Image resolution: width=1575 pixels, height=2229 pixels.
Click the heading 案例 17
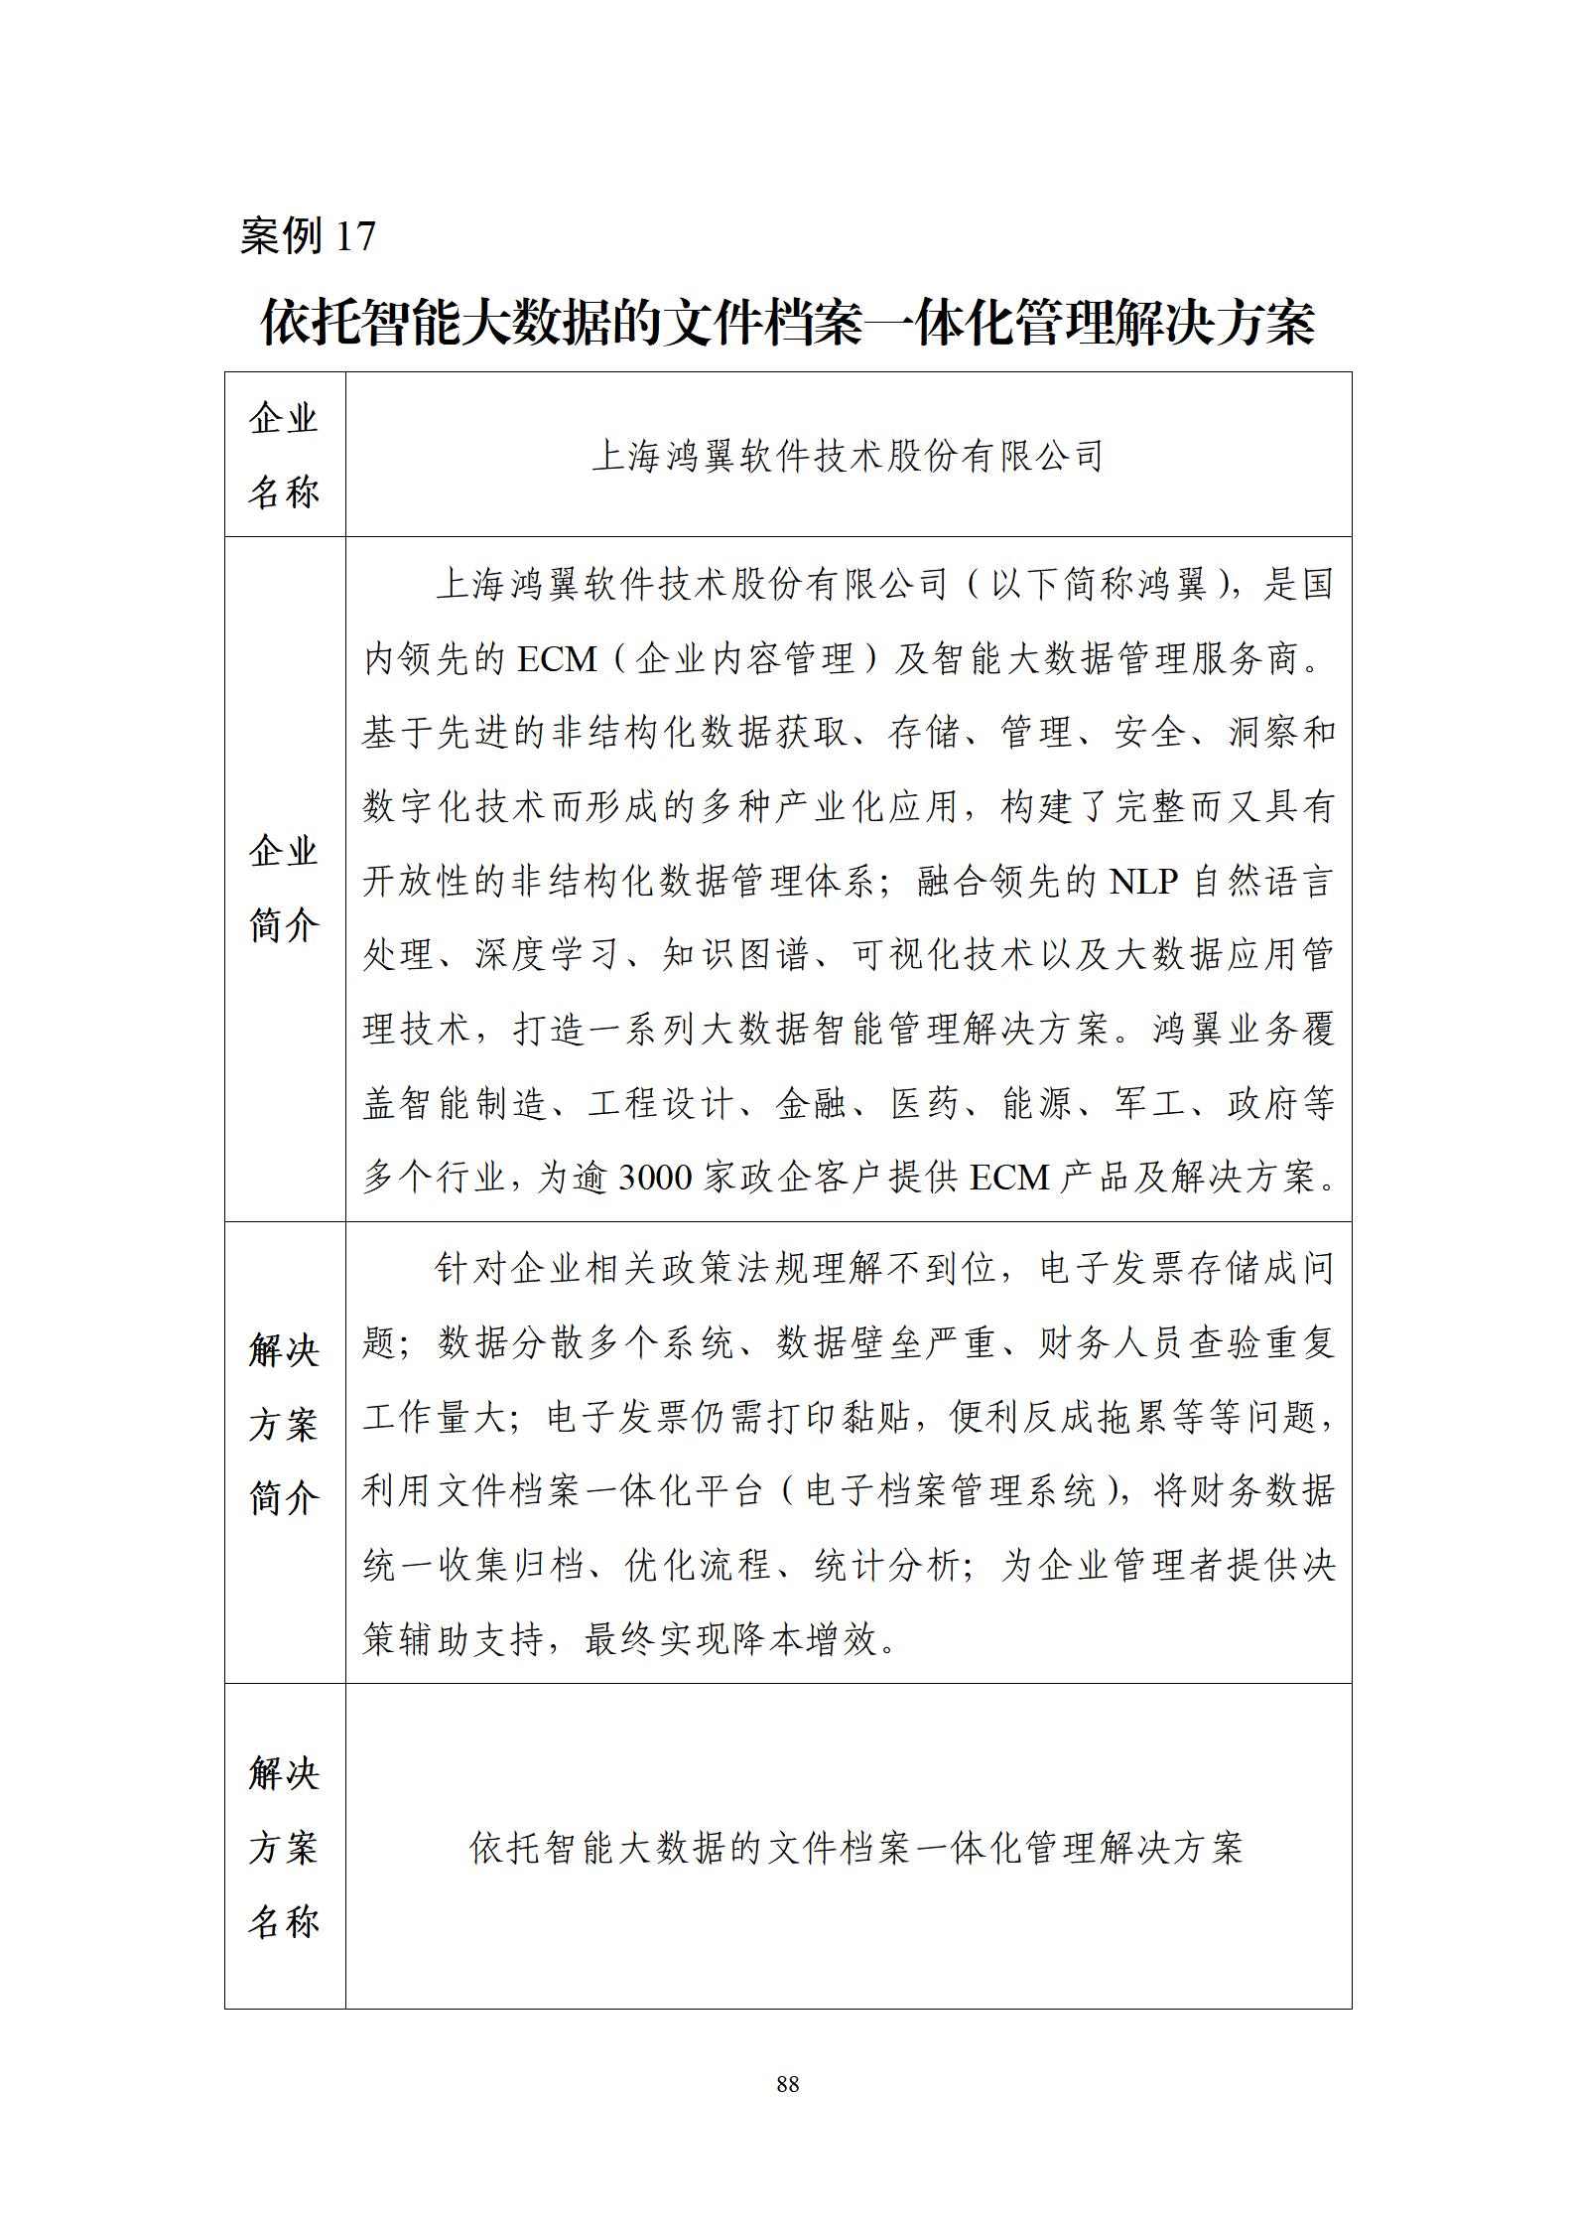pyautogui.click(x=308, y=235)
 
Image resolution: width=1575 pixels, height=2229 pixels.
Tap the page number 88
pyautogui.click(x=787, y=2083)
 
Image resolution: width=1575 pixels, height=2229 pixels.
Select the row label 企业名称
pyautogui.click(x=284, y=455)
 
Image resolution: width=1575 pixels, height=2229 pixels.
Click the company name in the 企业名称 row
pyautogui.click(x=848, y=456)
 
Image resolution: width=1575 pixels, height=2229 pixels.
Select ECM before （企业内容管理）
pyautogui.click(x=556, y=658)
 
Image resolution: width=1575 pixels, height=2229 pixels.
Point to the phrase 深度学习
pyautogui.click(x=549, y=955)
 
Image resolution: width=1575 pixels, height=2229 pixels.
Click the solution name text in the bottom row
pyautogui.click(x=855, y=1848)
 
